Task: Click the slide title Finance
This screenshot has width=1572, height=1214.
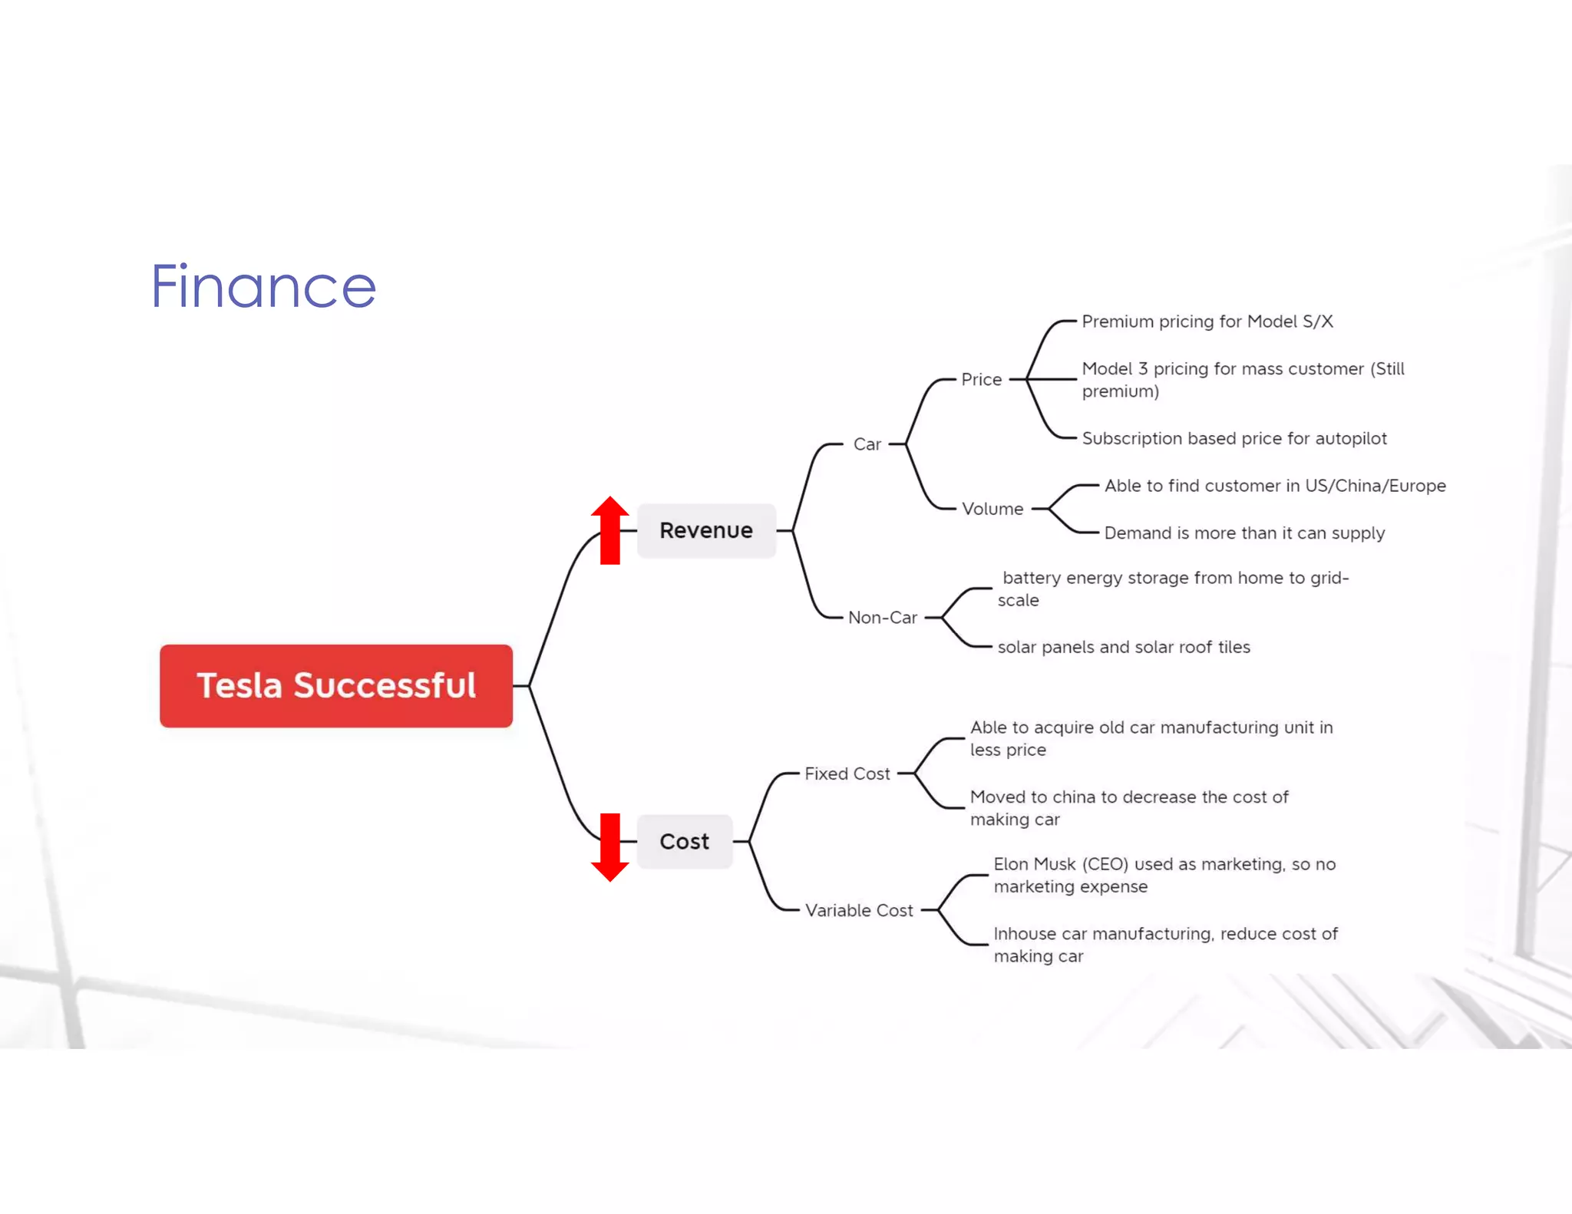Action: (263, 286)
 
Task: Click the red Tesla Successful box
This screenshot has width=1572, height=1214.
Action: (336, 685)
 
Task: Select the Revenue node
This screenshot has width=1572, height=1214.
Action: (706, 530)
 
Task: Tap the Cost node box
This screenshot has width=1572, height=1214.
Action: (684, 841)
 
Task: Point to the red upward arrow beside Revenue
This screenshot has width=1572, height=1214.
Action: (610, 529)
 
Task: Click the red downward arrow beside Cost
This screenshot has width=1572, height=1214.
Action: (610, 847)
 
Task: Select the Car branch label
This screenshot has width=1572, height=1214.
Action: (867, 444)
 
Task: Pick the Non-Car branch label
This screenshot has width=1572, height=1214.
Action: (882, 618)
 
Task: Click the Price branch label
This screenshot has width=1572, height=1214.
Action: (981, 379)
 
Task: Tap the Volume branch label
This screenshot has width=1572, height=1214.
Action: (992, 509)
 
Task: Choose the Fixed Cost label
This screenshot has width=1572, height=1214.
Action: (847, 774)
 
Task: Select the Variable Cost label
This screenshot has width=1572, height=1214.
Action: (858, 910)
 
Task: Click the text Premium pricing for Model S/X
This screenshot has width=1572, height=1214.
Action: (1207, 322)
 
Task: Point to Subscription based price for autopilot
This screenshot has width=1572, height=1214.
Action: (1233, 438)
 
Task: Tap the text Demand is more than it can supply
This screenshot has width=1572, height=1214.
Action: (1243, 533)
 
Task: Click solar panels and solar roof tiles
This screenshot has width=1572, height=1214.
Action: (1123, 647)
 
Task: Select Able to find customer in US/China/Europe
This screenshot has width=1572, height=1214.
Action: (1274, 486)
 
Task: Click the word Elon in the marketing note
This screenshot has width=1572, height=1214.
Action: (1011, 864)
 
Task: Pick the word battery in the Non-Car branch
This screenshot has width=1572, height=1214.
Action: (1031, 578)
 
